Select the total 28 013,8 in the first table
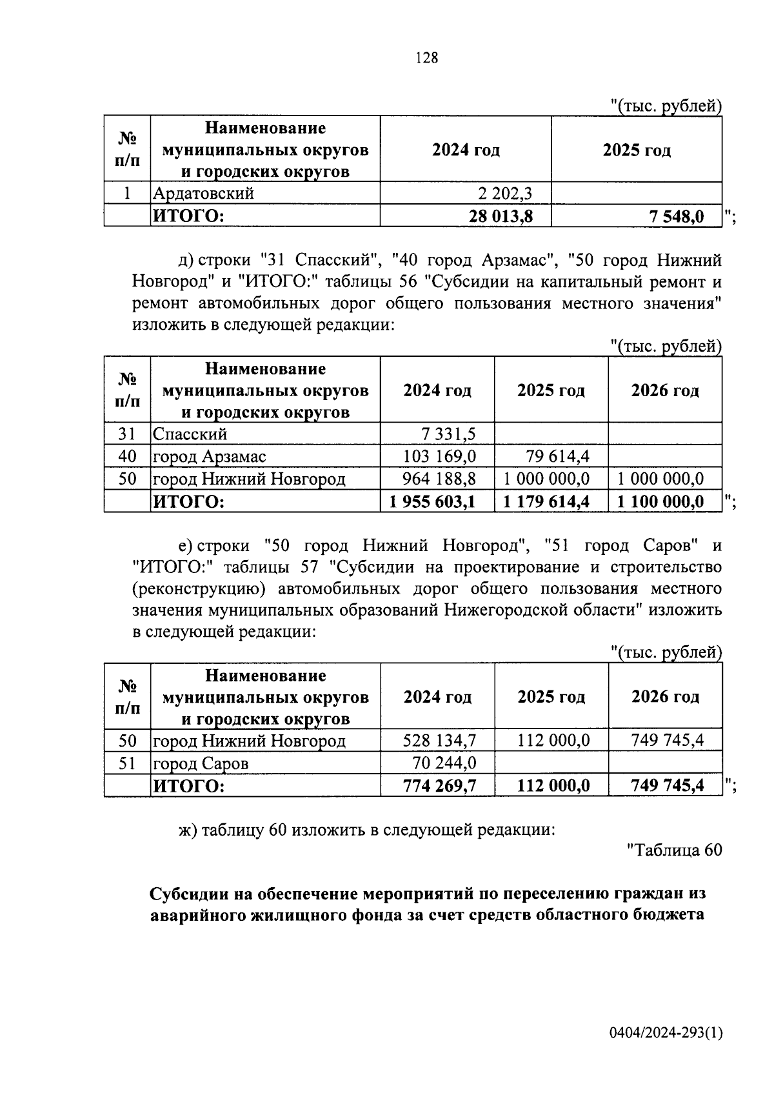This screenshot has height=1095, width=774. click(x=501, y=216)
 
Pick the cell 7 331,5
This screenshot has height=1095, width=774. click(x=449, y=434)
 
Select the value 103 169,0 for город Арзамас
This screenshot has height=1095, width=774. click(x=439, y=456)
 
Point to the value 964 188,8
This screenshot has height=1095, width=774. click(x=439, y=479)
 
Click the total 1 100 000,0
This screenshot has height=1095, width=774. click(x=660, y=501)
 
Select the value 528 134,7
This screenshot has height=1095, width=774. click(x=439, y=740)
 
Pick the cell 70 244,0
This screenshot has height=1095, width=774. click(x=444, y=763)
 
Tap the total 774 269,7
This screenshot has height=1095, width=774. click(x=439, y=786)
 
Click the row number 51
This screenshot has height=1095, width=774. click(x=127, y=763)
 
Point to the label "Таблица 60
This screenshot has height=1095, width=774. click(x=674, y=850)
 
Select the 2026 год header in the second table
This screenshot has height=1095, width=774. click(x=664, y=390)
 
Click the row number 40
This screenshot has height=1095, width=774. click(x=127, y=456)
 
